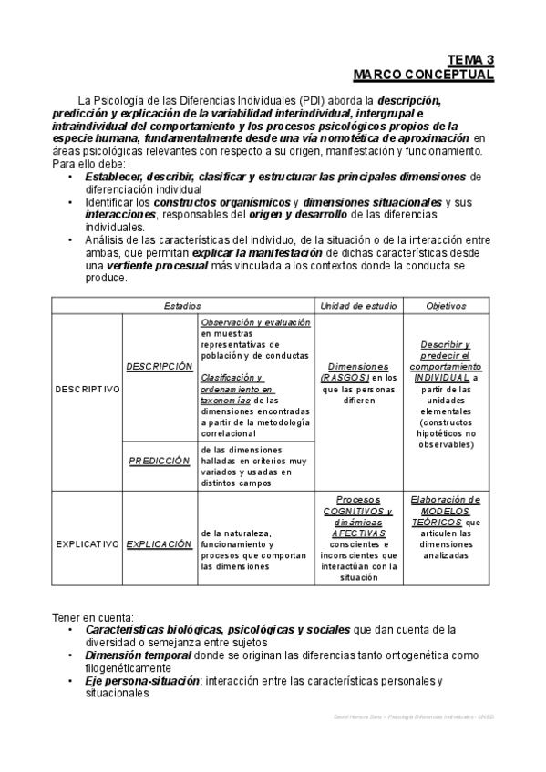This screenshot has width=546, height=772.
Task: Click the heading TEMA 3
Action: pyautogui.click(x=470, y=61)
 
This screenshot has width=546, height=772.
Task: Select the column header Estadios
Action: pyautogui.click(x=182, y=306)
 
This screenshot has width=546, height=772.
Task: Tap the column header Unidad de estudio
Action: pyautogui.click(x=359, y=306)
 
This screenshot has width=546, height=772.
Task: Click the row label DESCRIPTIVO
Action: pyautogui.click(x=88, y=388)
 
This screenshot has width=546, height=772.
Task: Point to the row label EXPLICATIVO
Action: pyautogui.click(x=88, y=543)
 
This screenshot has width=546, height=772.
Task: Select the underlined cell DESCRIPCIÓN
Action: pyautogui.click(x=160, y=366)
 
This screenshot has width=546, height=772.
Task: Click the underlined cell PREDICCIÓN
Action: pyautogui.click(x=160, y=461)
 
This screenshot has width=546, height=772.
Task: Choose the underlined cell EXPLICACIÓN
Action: pyautogui.click(x=160, y=543)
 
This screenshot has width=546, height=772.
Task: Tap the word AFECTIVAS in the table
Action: pyautogui.click(x=358, y=533)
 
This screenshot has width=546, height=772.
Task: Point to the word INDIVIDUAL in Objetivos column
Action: pyautogui.click(x=442, y=377)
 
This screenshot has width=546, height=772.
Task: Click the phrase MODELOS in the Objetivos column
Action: pyautogui.click(x=447, y=511)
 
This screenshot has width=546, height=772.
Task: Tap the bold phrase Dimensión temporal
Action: pyautogui.click(x=138, y=655)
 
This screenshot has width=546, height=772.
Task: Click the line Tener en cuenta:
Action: pyautogui.click(x=93, y=617)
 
